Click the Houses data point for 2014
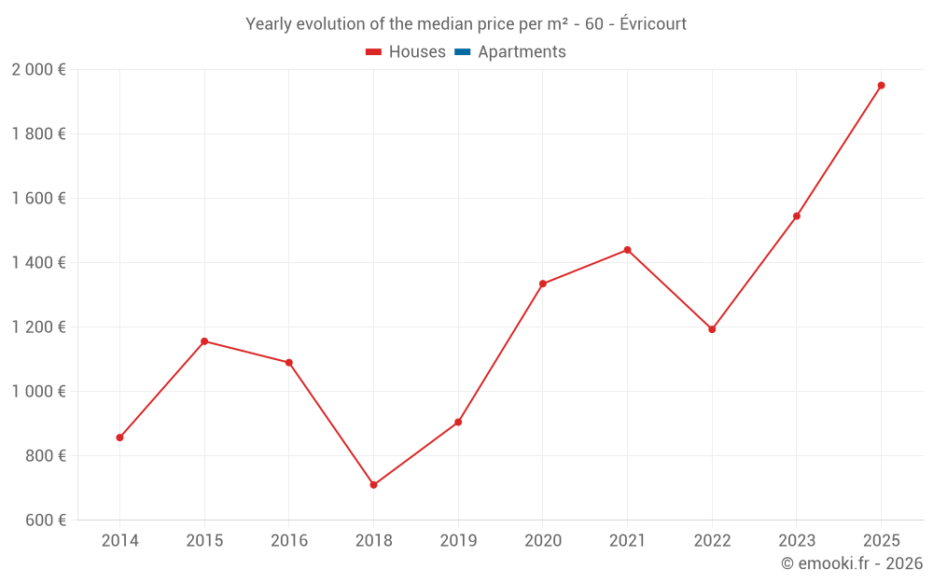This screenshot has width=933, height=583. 119,437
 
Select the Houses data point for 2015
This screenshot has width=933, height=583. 204,341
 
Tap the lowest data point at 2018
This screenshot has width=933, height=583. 373,485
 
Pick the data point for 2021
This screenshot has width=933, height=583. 627,250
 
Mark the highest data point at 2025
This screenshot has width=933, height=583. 881,85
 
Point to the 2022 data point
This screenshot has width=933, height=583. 712,329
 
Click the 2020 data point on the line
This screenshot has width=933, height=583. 543,284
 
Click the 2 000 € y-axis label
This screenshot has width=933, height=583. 38,70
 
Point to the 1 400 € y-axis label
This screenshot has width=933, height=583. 38,263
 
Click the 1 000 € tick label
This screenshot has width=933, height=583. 38,392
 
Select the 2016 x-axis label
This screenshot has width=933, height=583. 289,541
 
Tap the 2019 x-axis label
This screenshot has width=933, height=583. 458,541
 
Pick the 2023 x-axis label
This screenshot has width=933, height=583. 797,541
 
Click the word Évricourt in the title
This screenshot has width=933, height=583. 653,24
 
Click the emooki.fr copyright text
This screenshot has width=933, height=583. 852,563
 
